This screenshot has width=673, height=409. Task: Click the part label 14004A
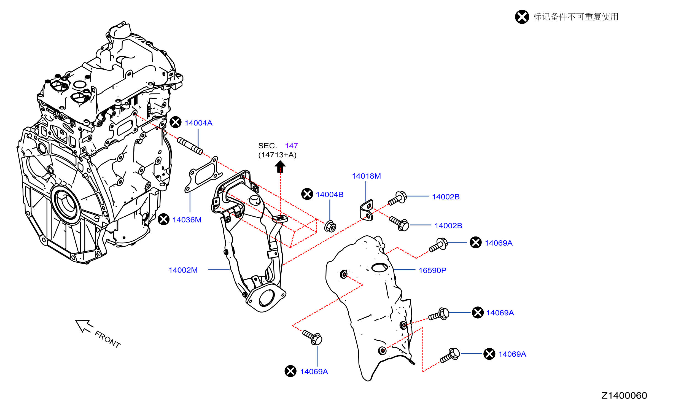pyautogui.click(x=198, y=123)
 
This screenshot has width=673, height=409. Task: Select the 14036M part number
pyautogui.click(x=187, y=220)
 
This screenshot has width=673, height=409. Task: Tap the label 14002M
pyautogui.click(x=183, y=270)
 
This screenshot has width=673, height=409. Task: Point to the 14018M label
pyautogui.click(x=366, y=176)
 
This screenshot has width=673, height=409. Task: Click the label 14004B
pyautogui.click(x=330, y=195)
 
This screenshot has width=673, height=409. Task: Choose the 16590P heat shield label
pyautogui.click(x=432, y=270)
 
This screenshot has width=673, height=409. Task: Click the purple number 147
pyautogui.click(x=291, y=146)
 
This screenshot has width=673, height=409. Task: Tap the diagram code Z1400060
pyautogui.click(x=624, y=395)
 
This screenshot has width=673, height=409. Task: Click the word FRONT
pyautogui.click(x=107, y=339)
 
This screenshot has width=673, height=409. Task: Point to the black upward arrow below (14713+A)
pyautogui.click(x=280, y=166)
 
